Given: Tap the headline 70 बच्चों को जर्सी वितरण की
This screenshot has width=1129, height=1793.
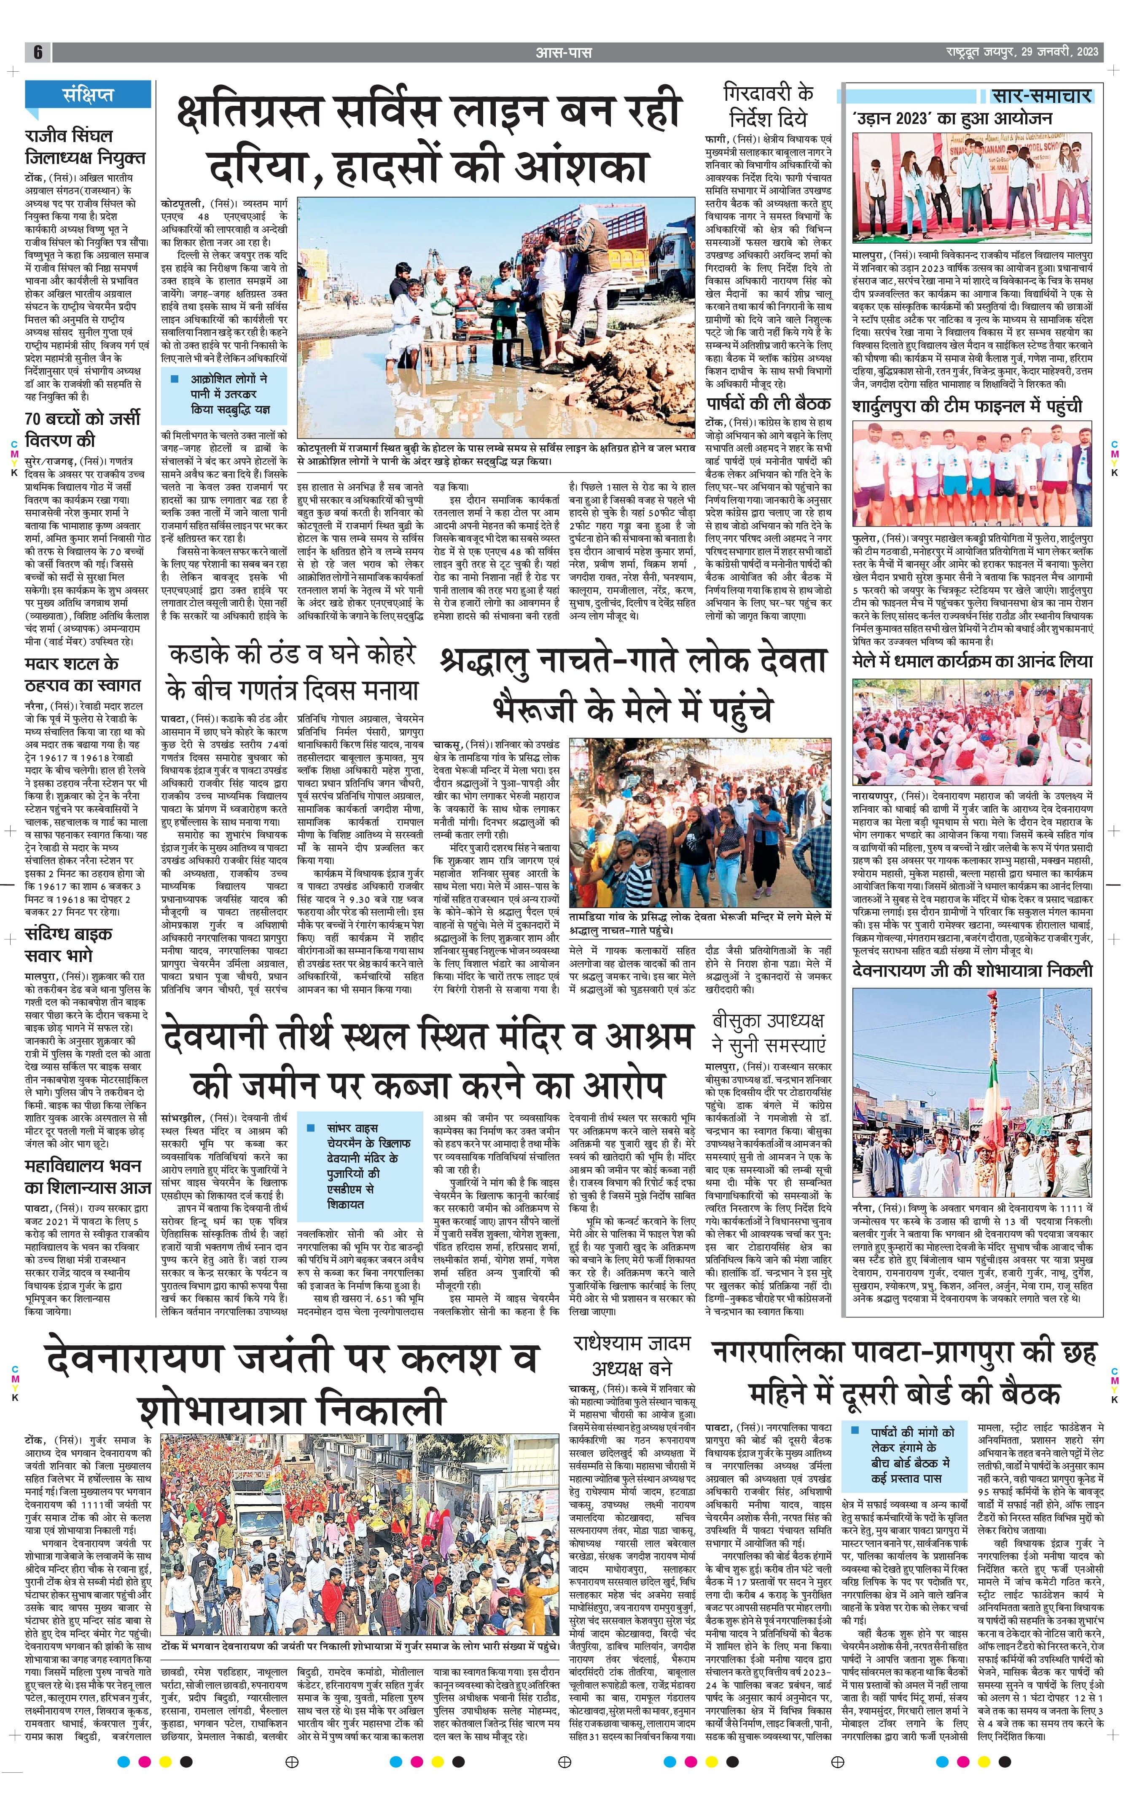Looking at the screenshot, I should pos(82,429).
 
